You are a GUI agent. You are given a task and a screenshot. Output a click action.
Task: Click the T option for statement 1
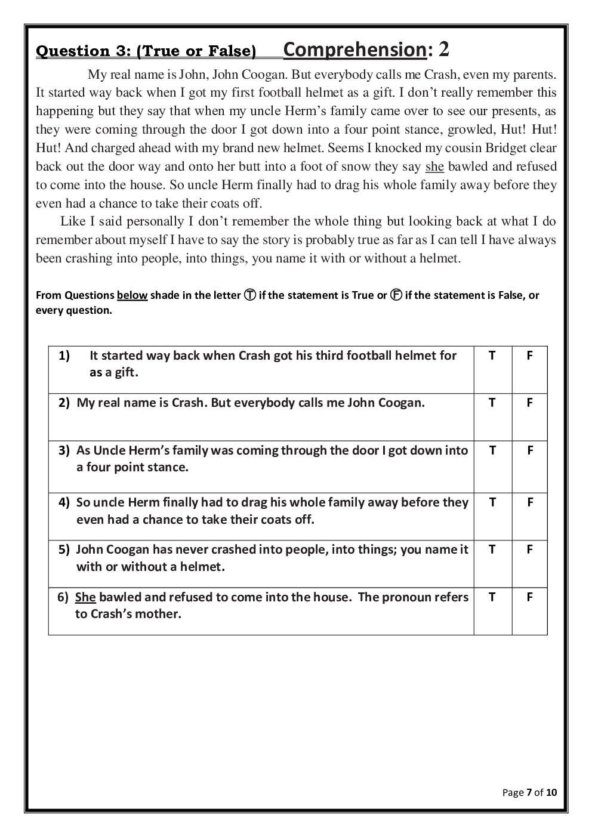(x=492, y=356)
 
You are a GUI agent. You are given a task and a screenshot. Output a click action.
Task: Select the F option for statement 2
(x=529, y=403)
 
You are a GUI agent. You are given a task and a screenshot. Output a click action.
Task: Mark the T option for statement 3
(x=492, y=450)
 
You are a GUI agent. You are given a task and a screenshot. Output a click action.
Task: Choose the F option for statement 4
(x=529, y=502)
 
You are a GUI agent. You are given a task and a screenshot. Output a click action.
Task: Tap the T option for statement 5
(x=492, y=549)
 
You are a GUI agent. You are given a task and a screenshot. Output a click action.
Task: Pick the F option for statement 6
(x=529, y=597)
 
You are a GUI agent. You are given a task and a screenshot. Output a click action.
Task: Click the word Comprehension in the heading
(x=354, y=50)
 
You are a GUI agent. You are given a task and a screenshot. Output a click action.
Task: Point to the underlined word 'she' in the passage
(x=434, y=166)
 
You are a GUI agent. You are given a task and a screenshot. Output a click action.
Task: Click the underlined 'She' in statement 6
(x=85, y=597)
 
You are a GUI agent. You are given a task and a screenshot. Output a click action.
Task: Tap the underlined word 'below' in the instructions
(x=132, y=295)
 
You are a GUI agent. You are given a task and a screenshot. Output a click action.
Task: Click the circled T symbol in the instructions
(x=250, y=295)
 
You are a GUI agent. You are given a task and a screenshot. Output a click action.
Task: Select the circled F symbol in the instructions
(x=396, y=295)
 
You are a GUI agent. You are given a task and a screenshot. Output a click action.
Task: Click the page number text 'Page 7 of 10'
(x=529, y=792)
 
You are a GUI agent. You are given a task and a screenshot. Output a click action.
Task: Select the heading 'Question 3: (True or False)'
(x=146, y=51)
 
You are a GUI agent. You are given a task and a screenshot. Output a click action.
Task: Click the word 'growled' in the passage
(x=462, y=129)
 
